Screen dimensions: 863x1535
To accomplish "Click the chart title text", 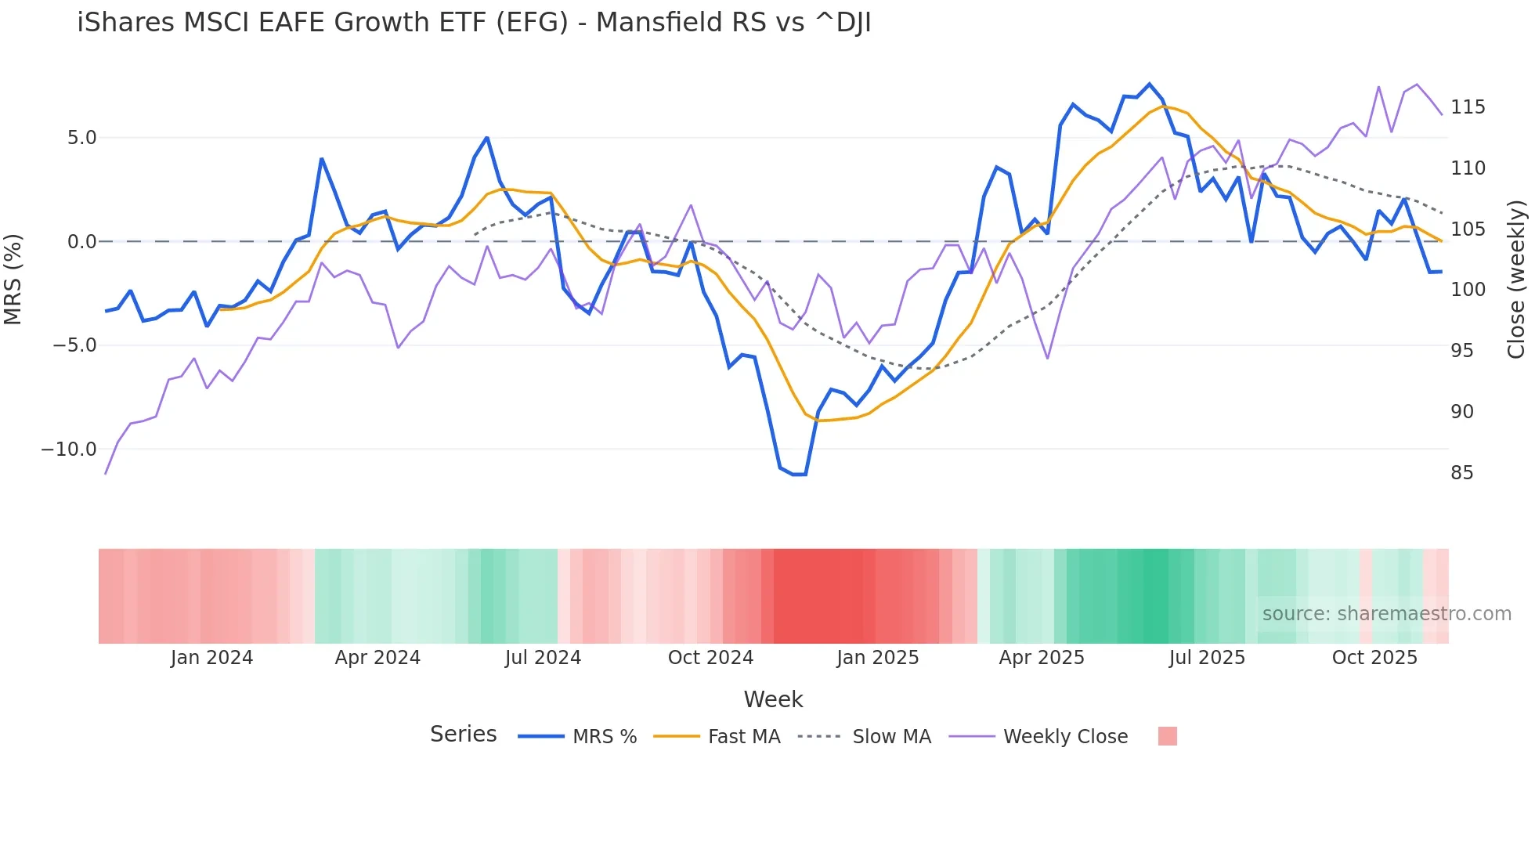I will tap(474, 23).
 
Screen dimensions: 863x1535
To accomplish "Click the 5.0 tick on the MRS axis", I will tap(81, 138).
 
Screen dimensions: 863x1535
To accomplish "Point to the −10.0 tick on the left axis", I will tap(69, 450).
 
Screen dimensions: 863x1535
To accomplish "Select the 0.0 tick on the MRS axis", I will tap(81, 242).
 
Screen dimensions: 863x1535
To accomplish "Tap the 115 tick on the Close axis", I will tap(1468, 107).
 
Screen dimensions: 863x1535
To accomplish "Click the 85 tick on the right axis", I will tap(1461, 473).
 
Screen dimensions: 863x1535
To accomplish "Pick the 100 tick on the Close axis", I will tap(1468, 290).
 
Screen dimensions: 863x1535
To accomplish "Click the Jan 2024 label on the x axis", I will tap(211, 658).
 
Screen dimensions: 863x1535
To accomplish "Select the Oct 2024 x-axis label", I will tap(710, 658).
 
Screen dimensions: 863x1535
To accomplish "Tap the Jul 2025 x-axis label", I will tap(1207, 658).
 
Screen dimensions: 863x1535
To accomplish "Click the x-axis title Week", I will tap(773, 699).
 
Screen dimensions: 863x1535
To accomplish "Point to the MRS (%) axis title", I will tap(13, 280).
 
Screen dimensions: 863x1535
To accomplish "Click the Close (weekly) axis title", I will tap(1516, 280).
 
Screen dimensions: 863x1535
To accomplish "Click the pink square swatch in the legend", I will tap(1167, 736).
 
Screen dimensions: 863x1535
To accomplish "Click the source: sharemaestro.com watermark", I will tap(1386, 614).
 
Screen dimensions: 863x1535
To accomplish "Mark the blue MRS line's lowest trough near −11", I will tap(799, 475).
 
